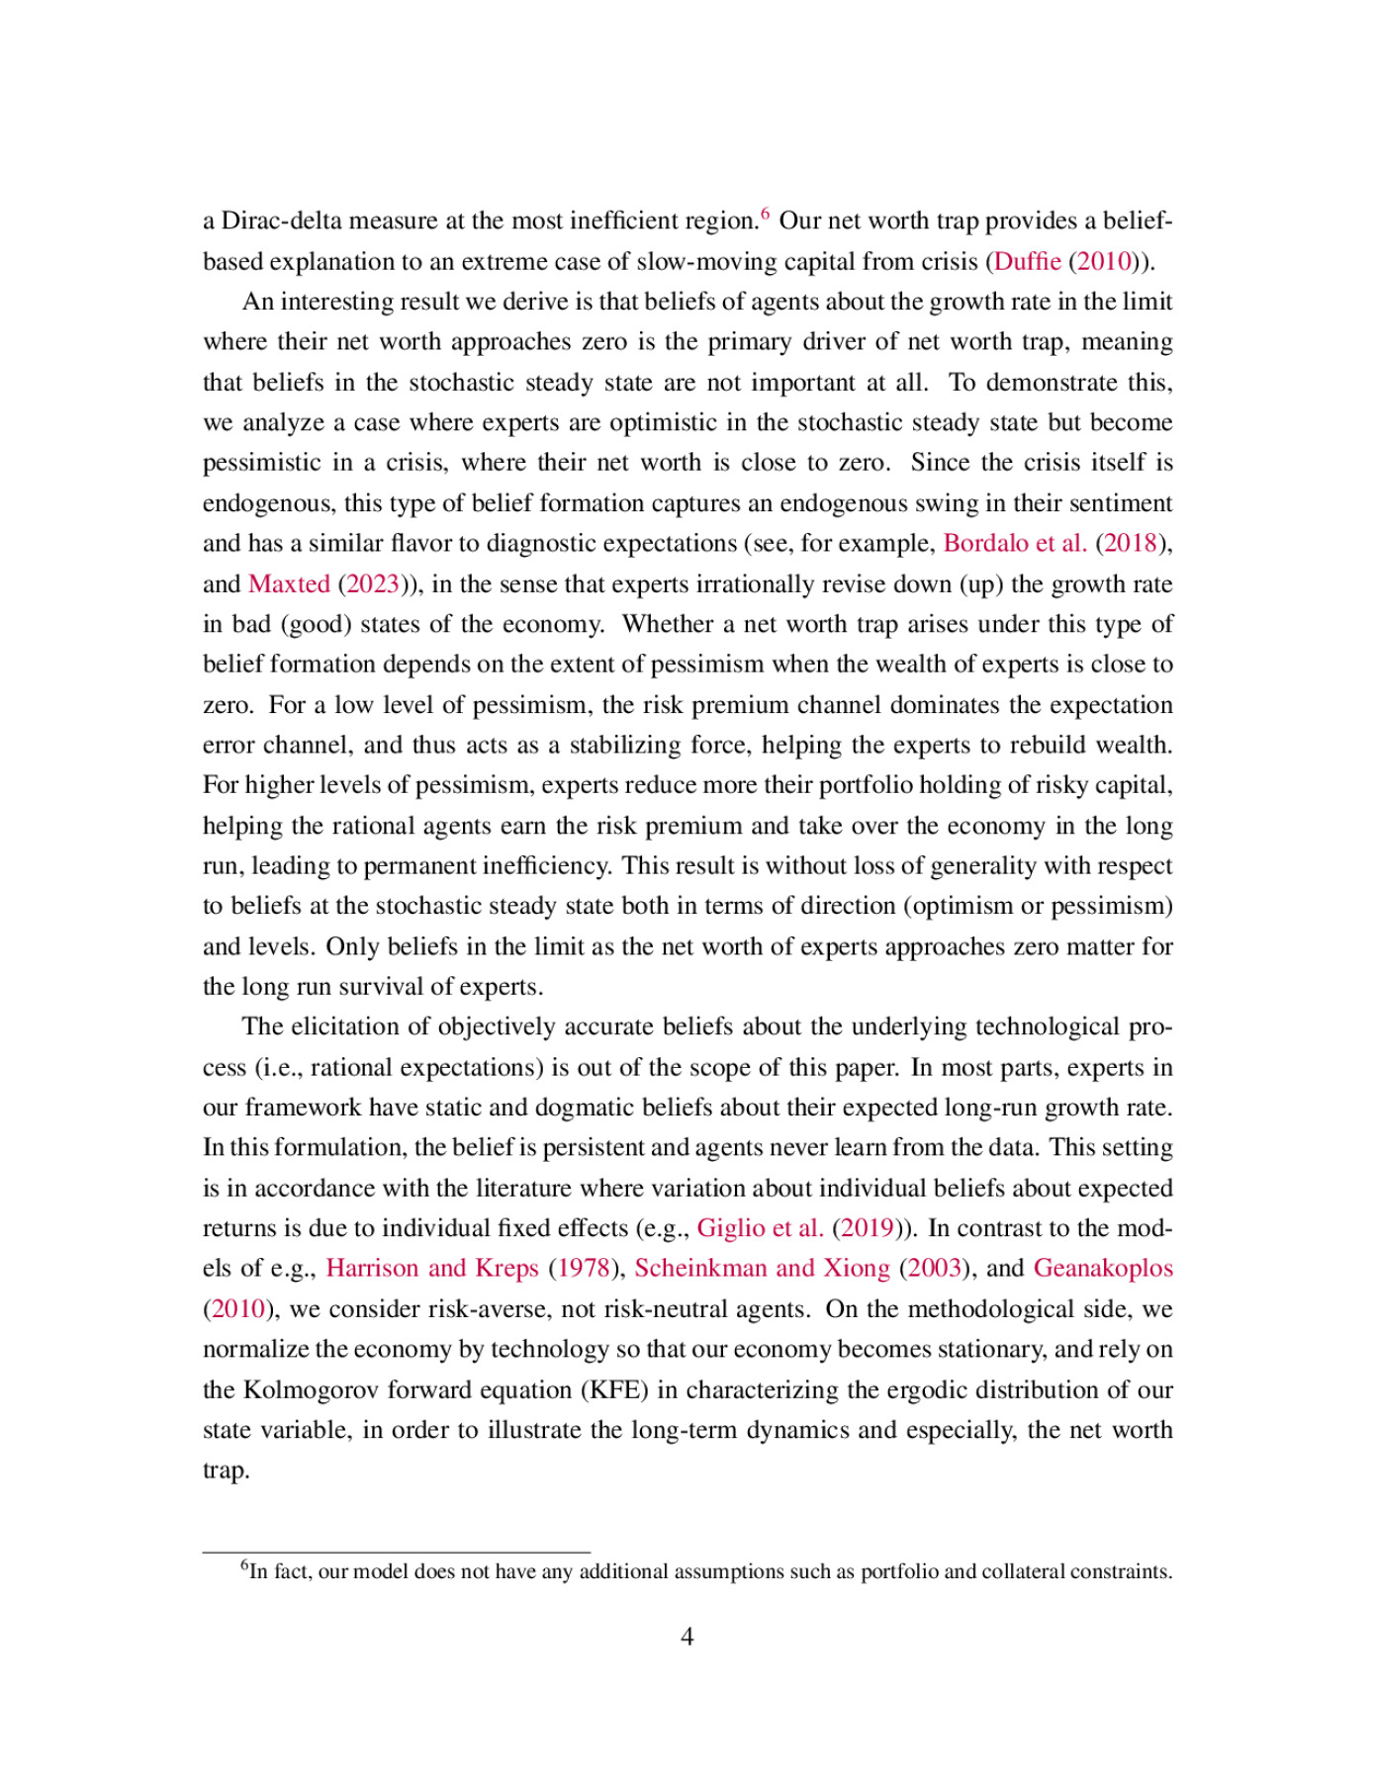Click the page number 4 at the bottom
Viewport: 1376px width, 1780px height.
point(688,1638)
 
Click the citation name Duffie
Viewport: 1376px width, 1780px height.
point(1027,261)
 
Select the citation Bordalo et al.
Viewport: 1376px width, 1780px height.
point(1015,543)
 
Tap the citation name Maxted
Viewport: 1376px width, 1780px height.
point(289,583)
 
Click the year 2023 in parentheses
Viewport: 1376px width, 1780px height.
point(372,583)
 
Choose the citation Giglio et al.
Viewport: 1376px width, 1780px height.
point(760,1228)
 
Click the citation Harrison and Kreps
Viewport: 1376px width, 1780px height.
point(432,1269)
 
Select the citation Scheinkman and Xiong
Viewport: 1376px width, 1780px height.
point(762,1269)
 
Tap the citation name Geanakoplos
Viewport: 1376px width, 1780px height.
point(1103,1269)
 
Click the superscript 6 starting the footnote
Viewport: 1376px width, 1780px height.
point(244,1564)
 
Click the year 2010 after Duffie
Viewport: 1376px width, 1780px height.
point(1104,261)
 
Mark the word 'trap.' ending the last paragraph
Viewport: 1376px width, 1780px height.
point(227,1471)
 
